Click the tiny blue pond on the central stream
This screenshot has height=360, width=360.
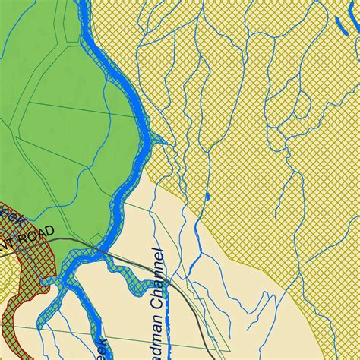tap(207, 197)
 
